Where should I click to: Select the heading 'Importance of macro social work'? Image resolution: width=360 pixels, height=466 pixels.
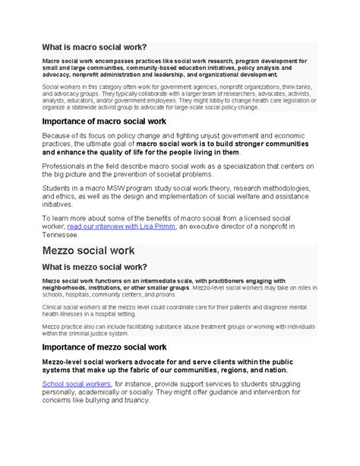coord(109,121)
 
